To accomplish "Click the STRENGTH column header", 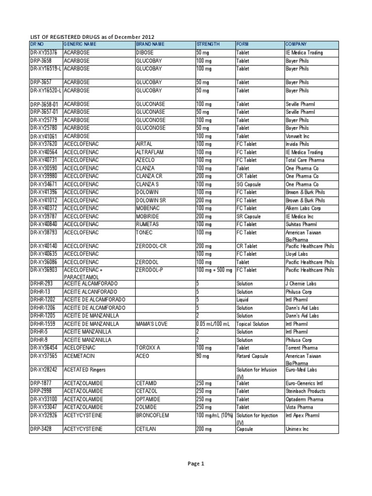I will pos(208,44).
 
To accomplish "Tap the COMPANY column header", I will pos(296,44).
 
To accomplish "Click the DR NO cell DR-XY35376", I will pos(44,52).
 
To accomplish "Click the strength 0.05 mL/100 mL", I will pos(214,324).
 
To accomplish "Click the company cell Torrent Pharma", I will pos(302,348).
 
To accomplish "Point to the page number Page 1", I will pos(196,464).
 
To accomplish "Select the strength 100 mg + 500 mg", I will pos(214,270).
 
